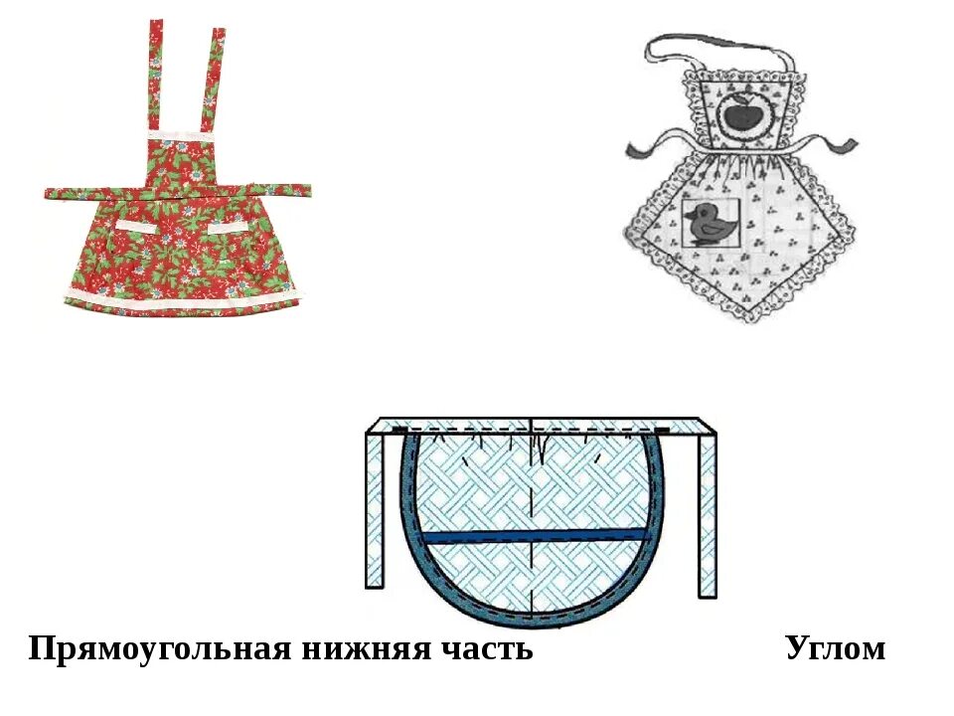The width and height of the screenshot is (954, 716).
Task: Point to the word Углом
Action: coord(835,648)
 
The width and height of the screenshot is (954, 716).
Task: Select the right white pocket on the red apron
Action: coord(232,228)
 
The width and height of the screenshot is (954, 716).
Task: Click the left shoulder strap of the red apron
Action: coord(157,75)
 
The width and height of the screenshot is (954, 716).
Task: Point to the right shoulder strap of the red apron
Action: coord(214,75)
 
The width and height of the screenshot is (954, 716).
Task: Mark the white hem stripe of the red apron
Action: coord(179,296)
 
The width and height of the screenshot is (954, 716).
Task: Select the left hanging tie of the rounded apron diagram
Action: coord(375,512)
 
